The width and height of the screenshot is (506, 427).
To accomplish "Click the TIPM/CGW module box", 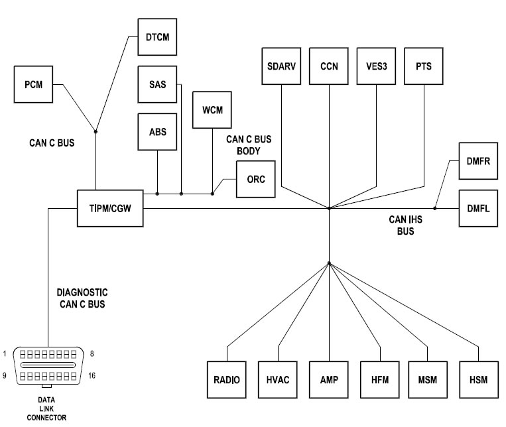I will (x=110, y=208).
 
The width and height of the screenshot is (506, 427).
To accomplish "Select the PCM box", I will (x=33, y=85).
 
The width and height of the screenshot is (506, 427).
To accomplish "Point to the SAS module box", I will (x=158, y=84).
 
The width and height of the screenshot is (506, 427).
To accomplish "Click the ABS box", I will (x=158, y=131).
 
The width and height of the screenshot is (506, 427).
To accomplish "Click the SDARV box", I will (x=282, y=66).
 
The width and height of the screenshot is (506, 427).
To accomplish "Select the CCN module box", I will (x=329, y=66).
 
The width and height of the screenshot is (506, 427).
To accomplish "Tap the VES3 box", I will (x=376, y=66).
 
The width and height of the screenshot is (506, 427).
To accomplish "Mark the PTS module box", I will (x=424, y=66).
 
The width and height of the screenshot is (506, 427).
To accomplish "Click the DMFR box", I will (x=478, y=160).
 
